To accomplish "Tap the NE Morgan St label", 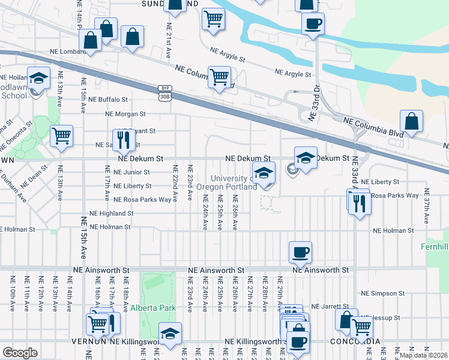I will [x=125, y=113].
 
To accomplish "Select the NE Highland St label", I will [x=111, y=213].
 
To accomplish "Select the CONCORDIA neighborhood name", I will [x=355, y=341].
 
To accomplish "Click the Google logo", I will [x=20, y=352].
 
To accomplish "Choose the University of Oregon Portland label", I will [x=234, y=182].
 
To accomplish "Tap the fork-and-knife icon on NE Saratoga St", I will [x=122, y=140].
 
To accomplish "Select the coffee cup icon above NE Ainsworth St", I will [x=300, y=251].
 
